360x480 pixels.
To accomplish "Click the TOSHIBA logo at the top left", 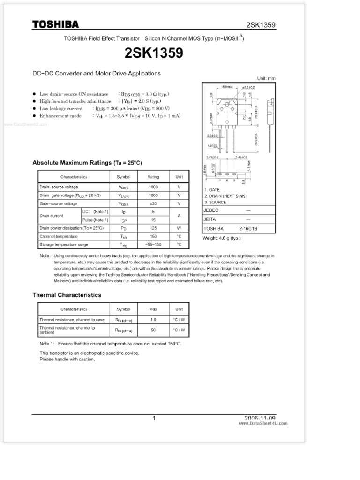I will click(x=55, y=24).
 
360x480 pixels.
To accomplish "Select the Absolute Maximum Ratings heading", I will click(x=87, y=163).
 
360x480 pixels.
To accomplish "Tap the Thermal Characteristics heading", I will click(x=67, y=295).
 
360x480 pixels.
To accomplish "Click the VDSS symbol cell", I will click(x=124, y=187).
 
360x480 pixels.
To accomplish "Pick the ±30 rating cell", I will click(x=153, y=204).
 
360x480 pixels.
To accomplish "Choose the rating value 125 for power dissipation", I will click(x=153, y=228).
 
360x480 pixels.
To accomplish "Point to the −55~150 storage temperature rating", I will click(x=153, y=245).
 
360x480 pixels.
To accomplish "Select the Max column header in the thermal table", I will click(x=153, y=309).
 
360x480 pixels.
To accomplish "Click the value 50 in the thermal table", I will click(x=153, y=330).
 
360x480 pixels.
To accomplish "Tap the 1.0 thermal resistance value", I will click(x=153, y=320).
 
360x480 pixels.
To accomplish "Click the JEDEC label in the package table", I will click(x=211, y=210).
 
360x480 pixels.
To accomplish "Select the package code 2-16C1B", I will click(x=248, y=229).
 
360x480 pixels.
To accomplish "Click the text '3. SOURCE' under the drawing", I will click(x=215, y=202).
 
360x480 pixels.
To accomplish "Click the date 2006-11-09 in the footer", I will click(x=260, y=418).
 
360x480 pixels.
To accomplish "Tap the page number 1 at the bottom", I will click(x=154, y=419).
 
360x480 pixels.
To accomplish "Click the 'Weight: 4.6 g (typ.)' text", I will click(x=221, y=238).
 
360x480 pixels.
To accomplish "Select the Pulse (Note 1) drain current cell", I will click(x=95, y=220).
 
